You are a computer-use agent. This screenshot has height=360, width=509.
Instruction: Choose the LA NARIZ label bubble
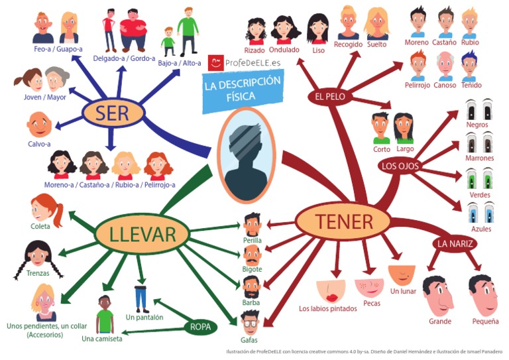[x=455, y=243]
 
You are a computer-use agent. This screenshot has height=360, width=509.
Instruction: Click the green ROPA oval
[x=200, y=326]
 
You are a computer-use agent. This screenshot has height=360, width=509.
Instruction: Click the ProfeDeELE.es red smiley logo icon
[x=216, y=63]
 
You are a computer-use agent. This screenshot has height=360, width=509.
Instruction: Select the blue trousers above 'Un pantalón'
[x=141, y=298]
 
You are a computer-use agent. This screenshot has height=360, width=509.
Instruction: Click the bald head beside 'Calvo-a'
[x=37, y=124]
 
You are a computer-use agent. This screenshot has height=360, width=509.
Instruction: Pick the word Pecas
[x=371, y=303]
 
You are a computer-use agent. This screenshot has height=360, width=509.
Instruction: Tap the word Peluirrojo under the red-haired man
[x=418, y=85]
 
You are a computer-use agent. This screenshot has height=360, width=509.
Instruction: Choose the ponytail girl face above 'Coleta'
[x=45, y=209]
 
